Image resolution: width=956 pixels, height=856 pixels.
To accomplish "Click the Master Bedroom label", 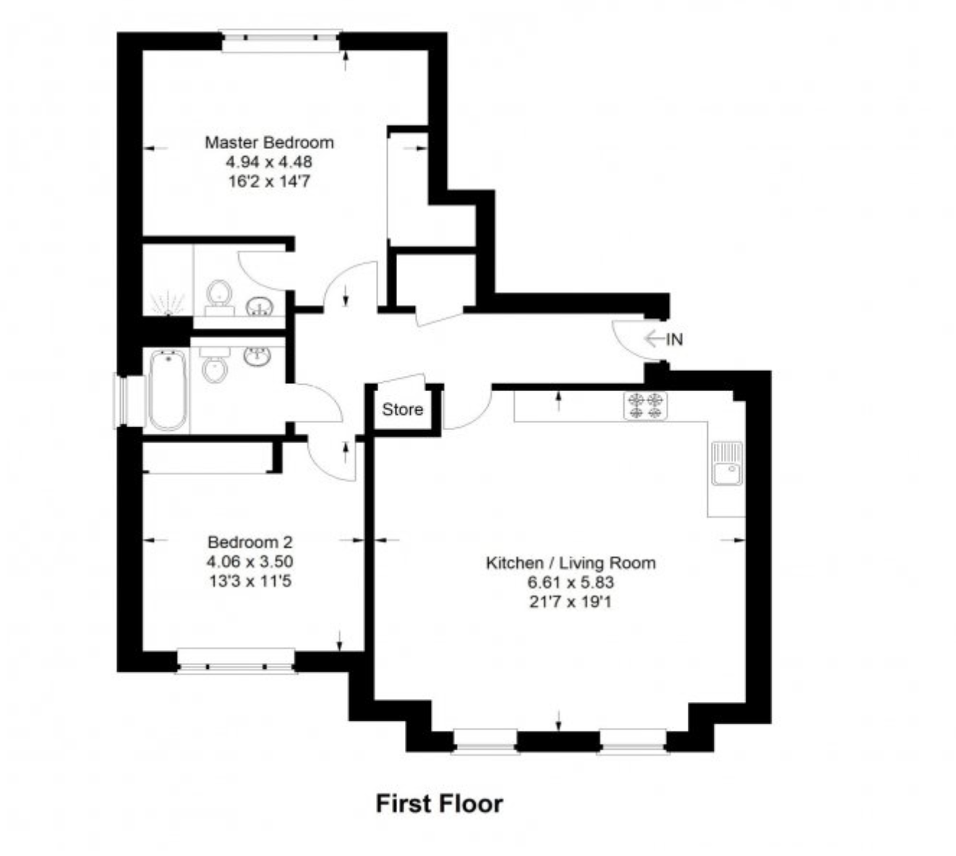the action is coord(269,142).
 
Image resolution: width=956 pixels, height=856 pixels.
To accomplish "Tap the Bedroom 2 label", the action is coord(250,542).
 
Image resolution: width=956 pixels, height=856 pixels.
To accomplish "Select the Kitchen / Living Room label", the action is coord(571,563).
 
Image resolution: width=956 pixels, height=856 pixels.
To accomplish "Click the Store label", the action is coord(403,410).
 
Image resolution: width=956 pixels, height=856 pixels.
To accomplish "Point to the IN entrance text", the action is coord(674,339).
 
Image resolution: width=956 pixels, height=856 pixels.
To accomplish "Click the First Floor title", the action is coord(439,804).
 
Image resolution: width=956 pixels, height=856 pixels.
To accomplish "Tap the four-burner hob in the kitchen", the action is coord(645,406).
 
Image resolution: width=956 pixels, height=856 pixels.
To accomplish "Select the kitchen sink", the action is coord(727,463).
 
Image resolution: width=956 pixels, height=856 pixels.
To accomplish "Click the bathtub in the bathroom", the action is coord(168,390).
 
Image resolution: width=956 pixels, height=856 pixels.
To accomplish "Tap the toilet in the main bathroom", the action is coord(215,364).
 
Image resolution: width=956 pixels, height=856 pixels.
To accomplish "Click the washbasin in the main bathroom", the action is coord(257,356).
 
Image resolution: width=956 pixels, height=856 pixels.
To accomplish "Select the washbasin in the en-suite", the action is coord(260,307).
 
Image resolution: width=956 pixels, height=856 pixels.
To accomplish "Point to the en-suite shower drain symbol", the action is coord(168,304).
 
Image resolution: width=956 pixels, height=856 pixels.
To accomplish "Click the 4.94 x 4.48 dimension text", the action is coord(269,162).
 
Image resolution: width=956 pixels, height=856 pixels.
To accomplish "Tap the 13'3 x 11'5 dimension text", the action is coord(250,581).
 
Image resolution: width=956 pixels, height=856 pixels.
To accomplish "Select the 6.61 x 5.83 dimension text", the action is coord(571,583).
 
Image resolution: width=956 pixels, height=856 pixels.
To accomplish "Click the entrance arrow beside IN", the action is coord(654,339).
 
